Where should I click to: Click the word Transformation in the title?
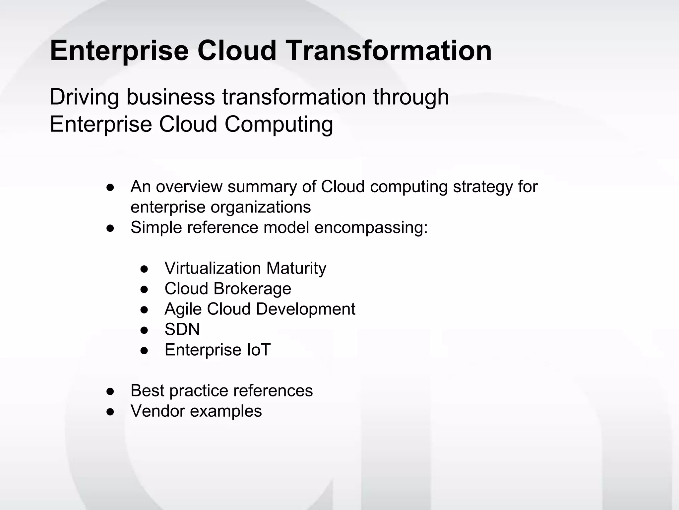[389, 50]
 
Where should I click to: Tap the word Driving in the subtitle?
[84, 97]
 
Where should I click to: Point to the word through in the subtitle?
[411, 97]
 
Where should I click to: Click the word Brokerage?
[252, 289]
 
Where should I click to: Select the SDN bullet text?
[182, 329]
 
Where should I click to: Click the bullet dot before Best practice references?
[110, 391]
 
